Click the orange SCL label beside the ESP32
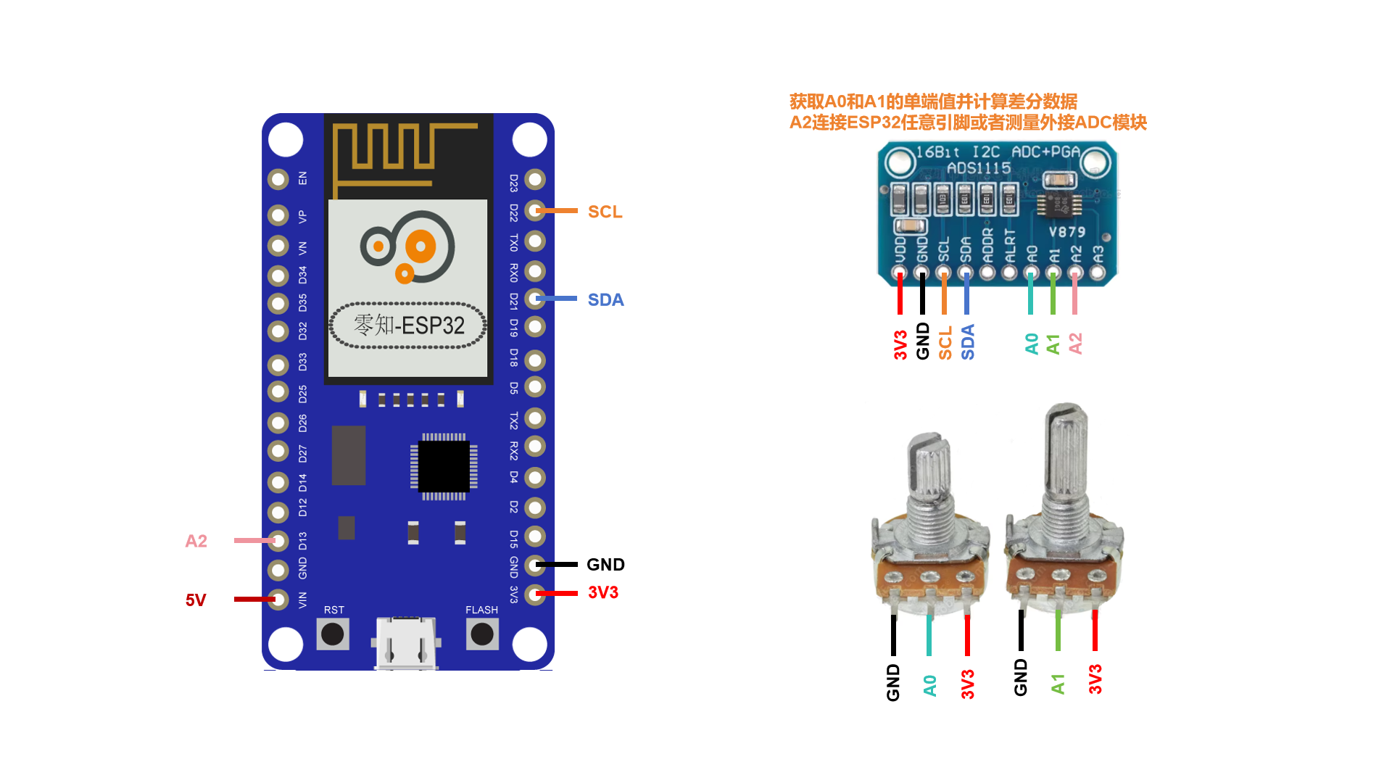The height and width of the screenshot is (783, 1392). [605, 212]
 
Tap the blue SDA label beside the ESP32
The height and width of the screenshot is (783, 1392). [605, 300]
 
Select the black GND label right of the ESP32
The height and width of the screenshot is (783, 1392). [605, 565]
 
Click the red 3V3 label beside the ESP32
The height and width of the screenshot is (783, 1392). [603, 593]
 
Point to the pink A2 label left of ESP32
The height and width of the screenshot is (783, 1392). [196, 542]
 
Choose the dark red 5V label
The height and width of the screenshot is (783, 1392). [196, 600]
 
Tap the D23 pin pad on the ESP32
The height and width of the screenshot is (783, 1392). [535, 179]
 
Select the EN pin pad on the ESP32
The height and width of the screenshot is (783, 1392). [278, 179]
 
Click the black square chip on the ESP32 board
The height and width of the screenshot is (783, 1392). [444, 466]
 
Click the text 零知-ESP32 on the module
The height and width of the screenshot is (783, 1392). [408, 326]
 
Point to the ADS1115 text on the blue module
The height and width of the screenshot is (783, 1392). [978, 168]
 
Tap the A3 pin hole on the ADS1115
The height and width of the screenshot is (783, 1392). [1097, 273]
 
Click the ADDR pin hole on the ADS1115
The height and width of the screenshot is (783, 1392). [987, 273]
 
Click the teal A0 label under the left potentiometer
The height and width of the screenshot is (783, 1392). [930, 686]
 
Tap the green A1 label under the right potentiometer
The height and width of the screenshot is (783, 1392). [1058, 684]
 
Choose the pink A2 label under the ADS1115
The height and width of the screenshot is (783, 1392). [1075, 344]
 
